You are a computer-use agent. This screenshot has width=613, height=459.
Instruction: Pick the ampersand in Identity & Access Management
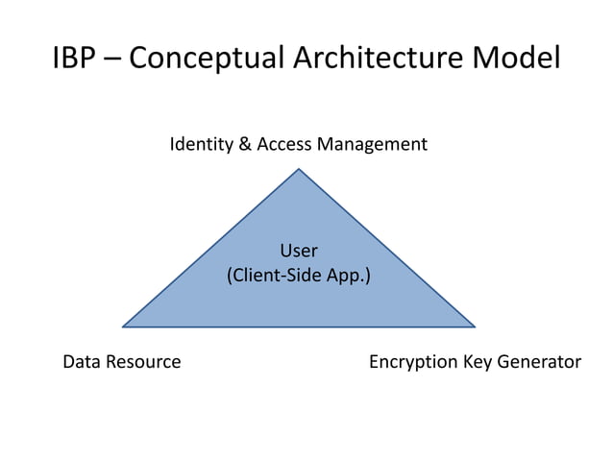point(245,145)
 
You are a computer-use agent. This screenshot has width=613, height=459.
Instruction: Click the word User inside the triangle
point(299,251)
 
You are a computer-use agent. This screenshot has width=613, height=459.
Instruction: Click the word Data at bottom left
point(81,362)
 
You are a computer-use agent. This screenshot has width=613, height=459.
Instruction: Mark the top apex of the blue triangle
point(299,170)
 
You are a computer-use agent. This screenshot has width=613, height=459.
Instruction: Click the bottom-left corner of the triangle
point(123,326)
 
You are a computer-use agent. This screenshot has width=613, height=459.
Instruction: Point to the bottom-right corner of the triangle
point(475,326)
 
